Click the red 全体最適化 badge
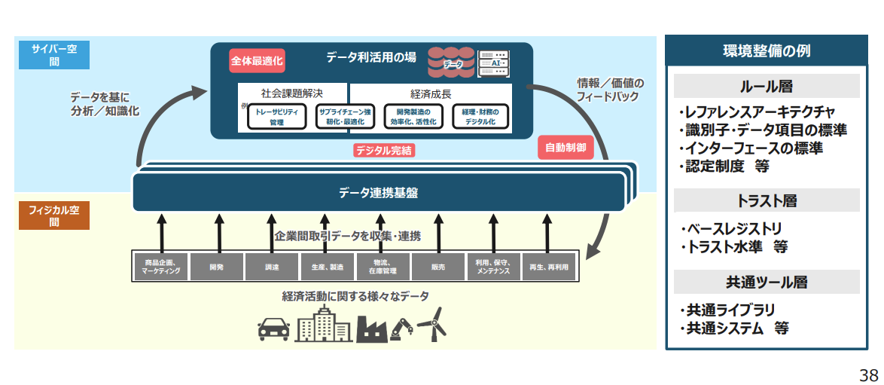click(257, 60)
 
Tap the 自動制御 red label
click(565, 148)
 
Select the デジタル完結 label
click(384, 151)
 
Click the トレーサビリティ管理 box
click(277, 117)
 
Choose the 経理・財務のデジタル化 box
click(480, 117)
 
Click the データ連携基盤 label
click(379, 192)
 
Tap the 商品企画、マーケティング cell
click(160, 266)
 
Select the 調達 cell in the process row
click(272, 266)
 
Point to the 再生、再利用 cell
click(549, 266)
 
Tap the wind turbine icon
click(432, 324)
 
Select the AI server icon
click(493, 63)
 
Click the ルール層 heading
click(767, 86)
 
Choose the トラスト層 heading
click(767, 200)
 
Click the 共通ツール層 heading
click(767, 282)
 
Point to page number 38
click(868, 374)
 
